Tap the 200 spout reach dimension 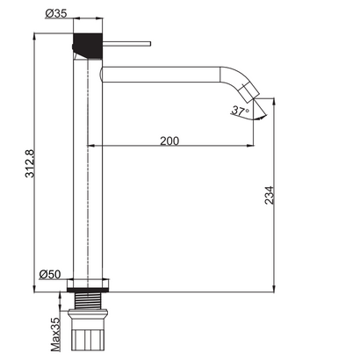click(x=172, y=140)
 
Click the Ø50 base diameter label click(x=51, y=274)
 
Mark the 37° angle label click(x=241, y=111)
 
